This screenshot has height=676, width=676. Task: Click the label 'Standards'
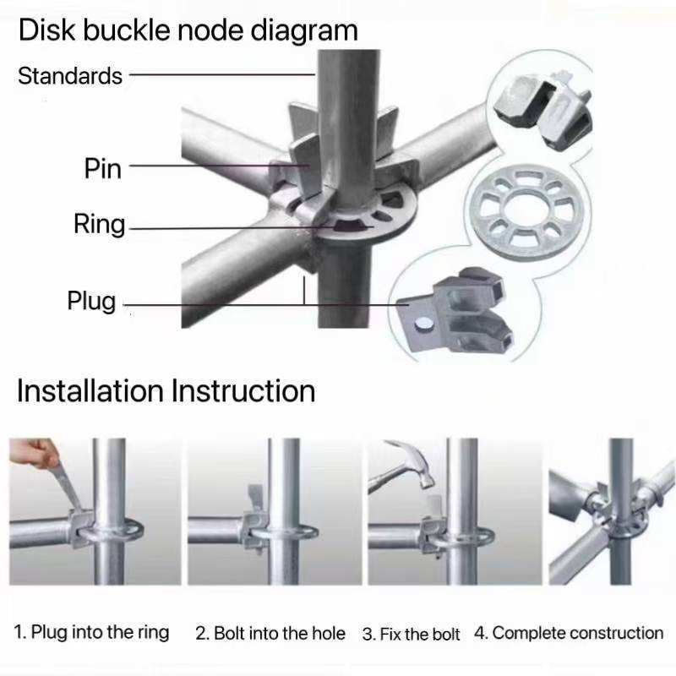(70, 76)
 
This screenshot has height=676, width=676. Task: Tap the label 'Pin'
(103, 168)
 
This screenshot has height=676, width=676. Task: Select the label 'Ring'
(99, 225)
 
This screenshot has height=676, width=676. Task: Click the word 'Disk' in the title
(46, 30)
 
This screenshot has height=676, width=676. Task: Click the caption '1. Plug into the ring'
(92, 632)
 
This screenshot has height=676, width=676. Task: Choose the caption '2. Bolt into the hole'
(270, 633)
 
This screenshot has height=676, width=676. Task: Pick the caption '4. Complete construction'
(569, 632)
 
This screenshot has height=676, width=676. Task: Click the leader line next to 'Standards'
(220, 74)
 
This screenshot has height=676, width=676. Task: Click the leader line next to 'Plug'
(211, 305)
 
